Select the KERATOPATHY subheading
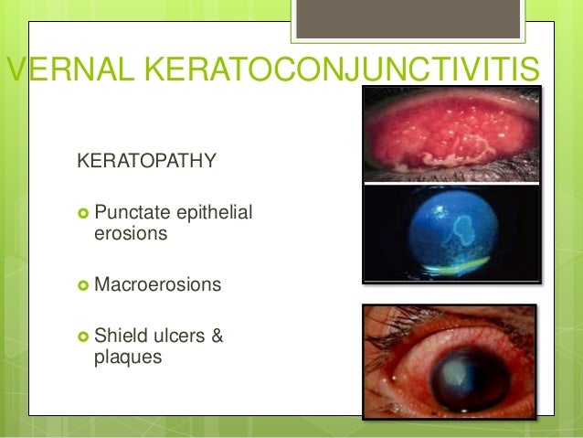(x=146, y=163)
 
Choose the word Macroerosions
(x=157, y=285)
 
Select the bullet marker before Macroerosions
(x=83, y=286)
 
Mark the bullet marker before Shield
(x=83, y=337)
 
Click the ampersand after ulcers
(x=217, y=337)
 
